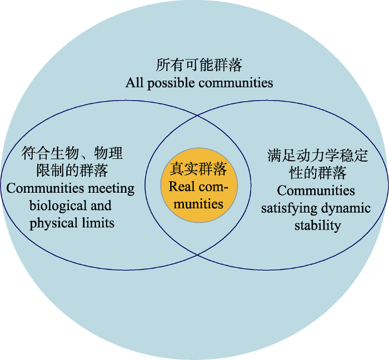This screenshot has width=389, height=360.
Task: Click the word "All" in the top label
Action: [134, 83]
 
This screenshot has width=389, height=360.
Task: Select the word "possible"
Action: [171, 83]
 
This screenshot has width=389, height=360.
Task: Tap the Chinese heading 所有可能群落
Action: [199, 65]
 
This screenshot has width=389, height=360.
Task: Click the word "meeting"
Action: [111, 189]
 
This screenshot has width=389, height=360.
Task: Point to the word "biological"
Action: [58, 206]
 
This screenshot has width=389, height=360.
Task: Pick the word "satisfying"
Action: [289, 209]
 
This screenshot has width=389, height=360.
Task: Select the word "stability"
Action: [317, 226]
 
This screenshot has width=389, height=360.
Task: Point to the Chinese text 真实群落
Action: [198, 169]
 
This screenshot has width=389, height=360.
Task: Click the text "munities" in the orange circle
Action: [198, 204]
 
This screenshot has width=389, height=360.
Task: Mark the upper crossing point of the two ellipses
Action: [197, 116]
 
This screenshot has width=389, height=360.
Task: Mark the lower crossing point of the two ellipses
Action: [197, 254]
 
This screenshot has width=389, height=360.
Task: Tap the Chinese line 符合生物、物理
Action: [72, 153]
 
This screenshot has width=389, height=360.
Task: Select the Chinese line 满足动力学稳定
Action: [317, 156]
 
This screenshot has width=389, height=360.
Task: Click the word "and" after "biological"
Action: [101, 206]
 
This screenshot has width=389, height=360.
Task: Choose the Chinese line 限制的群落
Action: [72, 171]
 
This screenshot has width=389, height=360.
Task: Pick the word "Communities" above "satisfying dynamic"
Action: [316, 191]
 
